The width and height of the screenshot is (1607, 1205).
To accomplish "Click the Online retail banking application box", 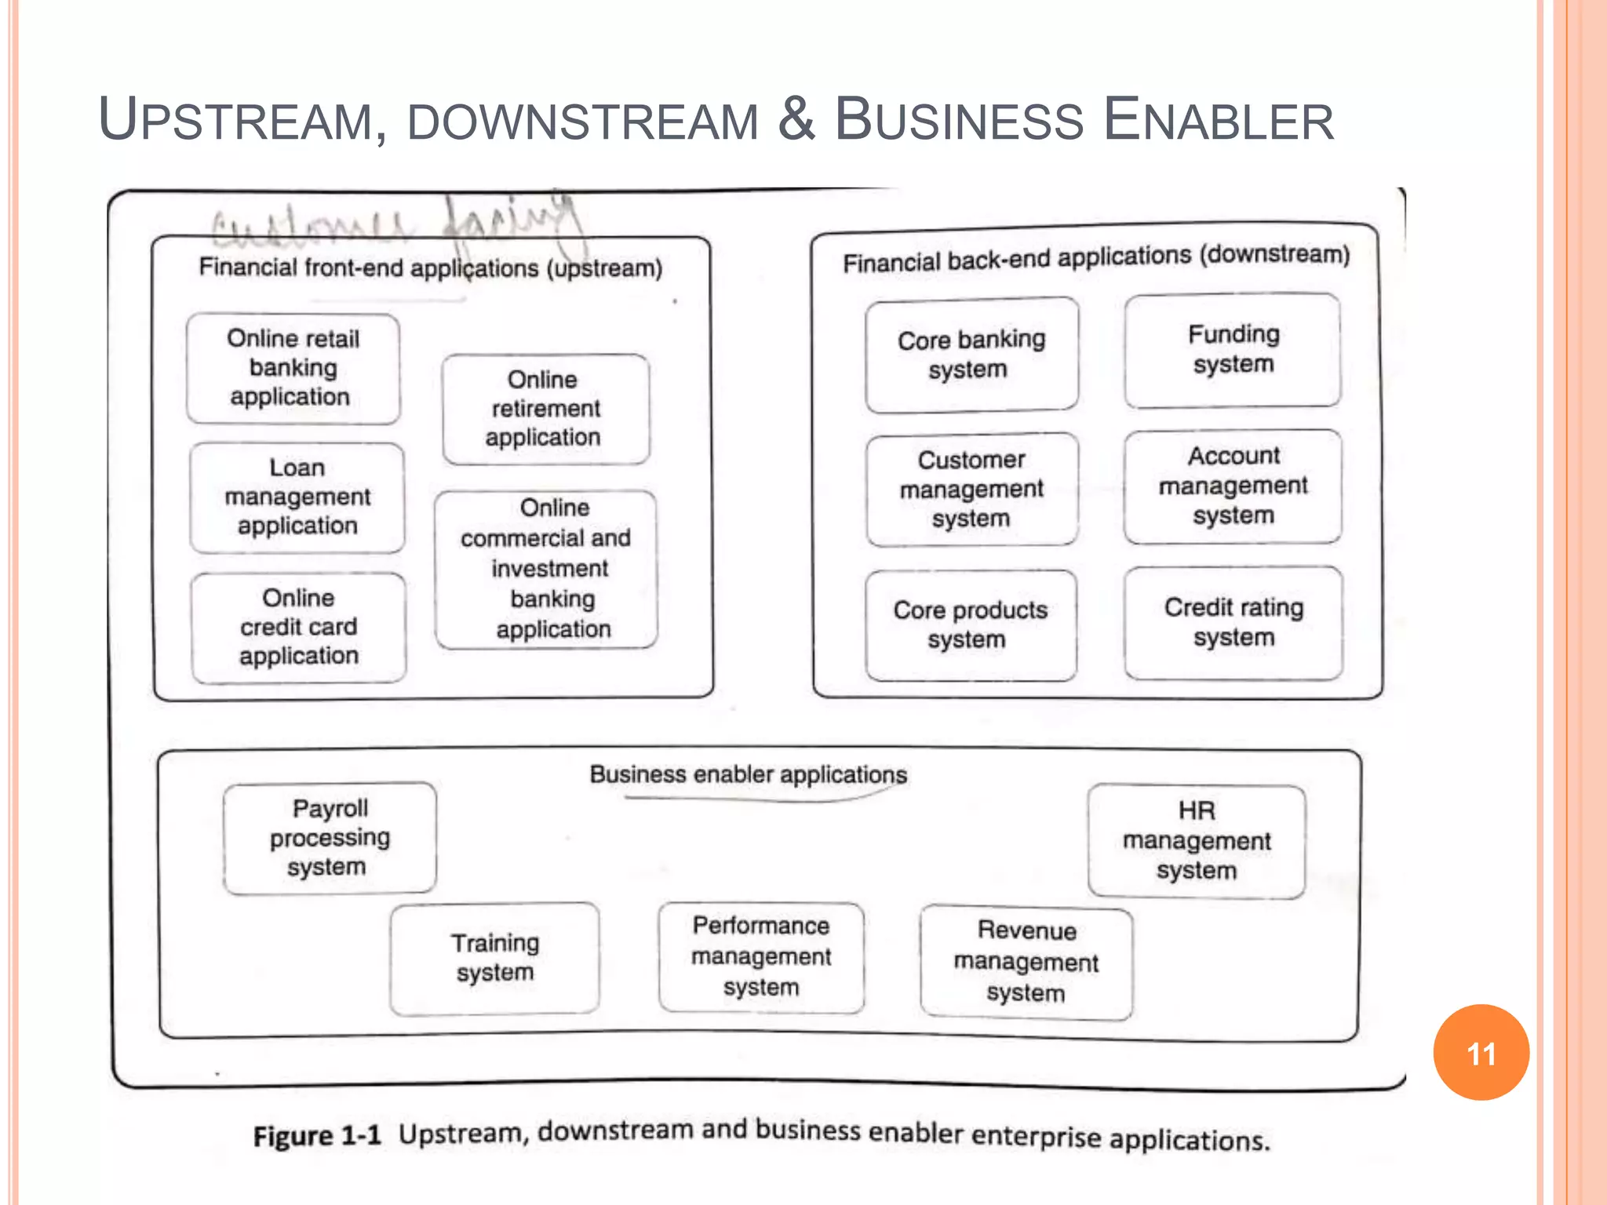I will (x=293, y=368).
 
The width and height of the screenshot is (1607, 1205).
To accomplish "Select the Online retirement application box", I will (x=545, y=409).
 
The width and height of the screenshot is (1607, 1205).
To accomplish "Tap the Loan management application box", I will (x=297, y=497).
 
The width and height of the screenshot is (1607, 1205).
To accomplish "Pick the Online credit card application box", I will (x=298, y=627).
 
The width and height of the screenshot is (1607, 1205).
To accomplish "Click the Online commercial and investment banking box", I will (x=546, y=569).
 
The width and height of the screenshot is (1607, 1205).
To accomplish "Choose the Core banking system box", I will (x=971, y=355).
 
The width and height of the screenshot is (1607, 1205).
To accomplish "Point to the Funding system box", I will (x=1233, y=350).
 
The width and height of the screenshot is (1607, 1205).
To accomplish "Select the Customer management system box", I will (x=971, y=489).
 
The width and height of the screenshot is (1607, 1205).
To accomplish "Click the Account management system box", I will (x=1233, y=486).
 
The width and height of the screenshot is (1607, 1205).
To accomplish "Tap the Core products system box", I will (x=971, y=624).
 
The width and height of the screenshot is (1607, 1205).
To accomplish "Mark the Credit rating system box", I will (x=1233, y=622).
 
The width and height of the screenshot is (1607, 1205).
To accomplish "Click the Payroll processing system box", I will (x=330, y=838).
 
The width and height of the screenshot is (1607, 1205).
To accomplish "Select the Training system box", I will (x=494, y=958).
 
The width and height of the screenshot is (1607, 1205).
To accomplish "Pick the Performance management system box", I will (x=761, y=957).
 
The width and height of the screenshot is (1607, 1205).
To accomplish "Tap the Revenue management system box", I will (x=1026, y=963).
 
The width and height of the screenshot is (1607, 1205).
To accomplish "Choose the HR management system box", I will (x=1197, y=841).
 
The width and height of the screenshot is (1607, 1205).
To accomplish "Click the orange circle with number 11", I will (x=1481, y=1053).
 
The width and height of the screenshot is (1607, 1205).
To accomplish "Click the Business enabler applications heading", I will (x=748, y=775).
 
